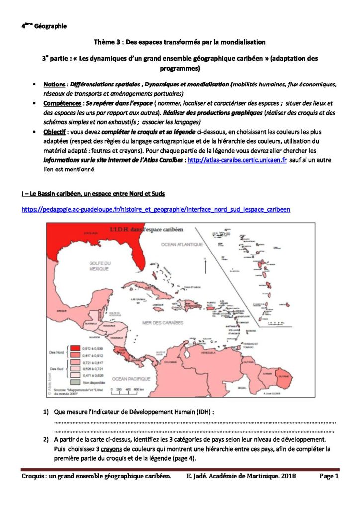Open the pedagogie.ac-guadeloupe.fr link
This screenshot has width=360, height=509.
pos(156,210)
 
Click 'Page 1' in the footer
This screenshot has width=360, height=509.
pos(329,476)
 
